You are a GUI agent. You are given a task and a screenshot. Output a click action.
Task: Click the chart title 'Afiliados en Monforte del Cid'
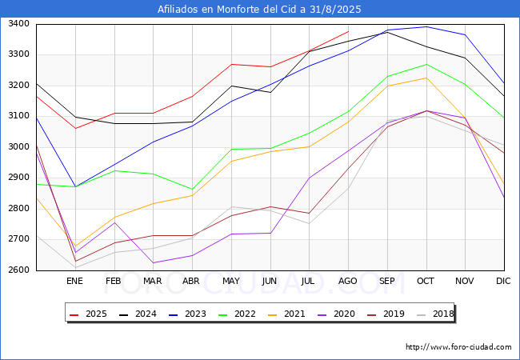259,10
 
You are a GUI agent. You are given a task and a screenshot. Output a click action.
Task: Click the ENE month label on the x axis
74,282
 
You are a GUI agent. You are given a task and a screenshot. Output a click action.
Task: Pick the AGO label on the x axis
348,282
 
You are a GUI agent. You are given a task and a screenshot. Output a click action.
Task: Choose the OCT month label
426,282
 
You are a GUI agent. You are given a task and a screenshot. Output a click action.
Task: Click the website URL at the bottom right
458,347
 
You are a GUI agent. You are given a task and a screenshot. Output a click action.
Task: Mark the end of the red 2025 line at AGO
348,32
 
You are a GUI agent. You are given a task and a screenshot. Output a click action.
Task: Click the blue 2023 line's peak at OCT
426,26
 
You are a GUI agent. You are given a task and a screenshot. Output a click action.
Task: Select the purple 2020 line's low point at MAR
153,262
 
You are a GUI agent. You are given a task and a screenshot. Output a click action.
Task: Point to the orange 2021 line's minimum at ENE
74,246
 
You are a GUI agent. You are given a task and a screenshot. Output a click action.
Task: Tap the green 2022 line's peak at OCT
426,64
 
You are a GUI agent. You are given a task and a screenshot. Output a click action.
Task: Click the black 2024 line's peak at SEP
387,32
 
